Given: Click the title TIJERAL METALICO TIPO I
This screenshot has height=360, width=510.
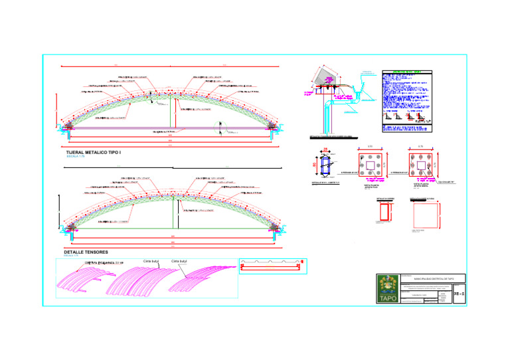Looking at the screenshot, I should (95, 152).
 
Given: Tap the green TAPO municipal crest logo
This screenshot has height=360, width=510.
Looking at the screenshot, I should (386, 290).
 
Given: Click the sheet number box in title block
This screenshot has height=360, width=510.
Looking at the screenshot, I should (458, 293).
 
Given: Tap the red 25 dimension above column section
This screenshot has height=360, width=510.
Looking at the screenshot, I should (325, 151).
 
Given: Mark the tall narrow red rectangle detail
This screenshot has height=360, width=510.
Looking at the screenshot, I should (384, 211).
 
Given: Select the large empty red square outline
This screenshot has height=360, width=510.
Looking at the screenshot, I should (424, 214).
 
